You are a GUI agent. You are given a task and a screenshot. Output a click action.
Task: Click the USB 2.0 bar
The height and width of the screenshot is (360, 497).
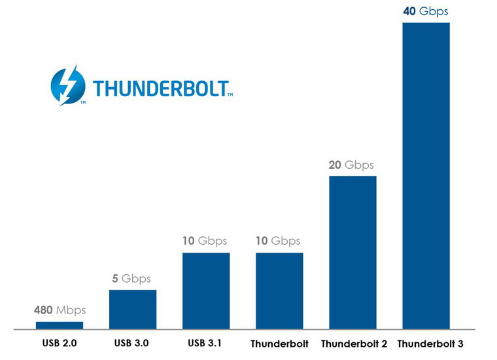[x=60, y=325]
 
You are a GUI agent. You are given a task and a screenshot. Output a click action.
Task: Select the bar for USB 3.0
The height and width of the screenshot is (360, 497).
[x=133, y=308]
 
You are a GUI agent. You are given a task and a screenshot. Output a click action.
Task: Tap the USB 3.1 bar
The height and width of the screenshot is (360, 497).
[x=206, y=290]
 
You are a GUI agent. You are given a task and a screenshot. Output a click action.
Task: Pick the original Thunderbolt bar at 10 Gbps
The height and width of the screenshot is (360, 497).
[x=279, y=290]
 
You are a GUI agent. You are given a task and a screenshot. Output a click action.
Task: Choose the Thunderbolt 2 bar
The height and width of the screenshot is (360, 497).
[x=352, y=252]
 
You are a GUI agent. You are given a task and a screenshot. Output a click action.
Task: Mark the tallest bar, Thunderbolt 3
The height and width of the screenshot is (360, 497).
[x=426, y=175]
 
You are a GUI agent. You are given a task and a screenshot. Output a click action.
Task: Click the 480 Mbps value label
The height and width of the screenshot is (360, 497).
[x=60, y=310]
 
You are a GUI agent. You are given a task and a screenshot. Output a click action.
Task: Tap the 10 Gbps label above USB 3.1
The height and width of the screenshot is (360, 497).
[x=206, y=241]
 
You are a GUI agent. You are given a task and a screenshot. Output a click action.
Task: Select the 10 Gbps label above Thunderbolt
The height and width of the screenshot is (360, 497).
[x=279, y=241]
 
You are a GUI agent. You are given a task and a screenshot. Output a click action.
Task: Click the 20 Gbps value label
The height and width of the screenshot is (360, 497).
[x=351, y=165]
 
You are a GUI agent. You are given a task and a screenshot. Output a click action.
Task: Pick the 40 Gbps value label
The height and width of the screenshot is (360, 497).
[x=425, y=11]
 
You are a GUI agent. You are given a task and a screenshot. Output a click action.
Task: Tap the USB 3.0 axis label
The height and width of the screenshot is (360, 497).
[x=132, y=342]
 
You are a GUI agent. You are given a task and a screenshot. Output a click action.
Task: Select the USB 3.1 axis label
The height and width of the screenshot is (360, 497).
[x=205, y=342]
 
